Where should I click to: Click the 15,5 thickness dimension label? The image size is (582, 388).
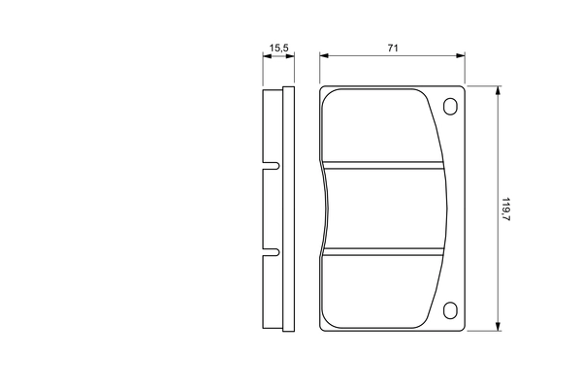278,48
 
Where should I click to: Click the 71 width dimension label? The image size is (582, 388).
393,48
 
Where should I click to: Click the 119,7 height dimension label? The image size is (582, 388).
506,210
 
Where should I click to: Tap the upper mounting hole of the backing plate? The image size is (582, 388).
450,106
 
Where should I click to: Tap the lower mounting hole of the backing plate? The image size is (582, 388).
450,310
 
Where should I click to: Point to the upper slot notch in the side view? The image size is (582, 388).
272,166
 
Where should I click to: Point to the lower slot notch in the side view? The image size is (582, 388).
272,252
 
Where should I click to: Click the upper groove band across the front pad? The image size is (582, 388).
383,165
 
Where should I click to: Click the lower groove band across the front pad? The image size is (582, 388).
383,252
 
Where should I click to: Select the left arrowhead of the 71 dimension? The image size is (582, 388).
324,55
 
